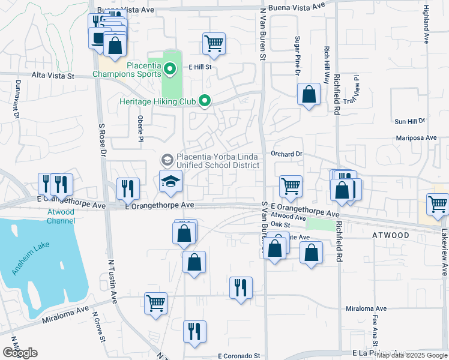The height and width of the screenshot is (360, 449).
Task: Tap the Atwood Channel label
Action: tap(61, 216)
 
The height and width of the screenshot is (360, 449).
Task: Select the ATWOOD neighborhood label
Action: tap(390, 235)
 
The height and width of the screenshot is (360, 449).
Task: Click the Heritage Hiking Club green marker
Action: tap(205, 101)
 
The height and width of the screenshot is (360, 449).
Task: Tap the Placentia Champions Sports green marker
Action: tap(170, 70)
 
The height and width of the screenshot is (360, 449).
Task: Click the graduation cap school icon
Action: tap(170, 181)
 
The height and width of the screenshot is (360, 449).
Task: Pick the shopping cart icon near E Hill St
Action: tap(214, 43)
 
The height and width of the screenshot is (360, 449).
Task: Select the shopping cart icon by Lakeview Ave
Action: tap(438, 204)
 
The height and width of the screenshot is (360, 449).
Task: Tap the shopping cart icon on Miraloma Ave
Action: tap(155, 303)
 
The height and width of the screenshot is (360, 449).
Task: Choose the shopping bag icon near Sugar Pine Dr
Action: tap(309, 94)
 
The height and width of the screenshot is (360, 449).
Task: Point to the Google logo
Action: tap(20, 353)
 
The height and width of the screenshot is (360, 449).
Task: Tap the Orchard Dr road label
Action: tap(286, 154)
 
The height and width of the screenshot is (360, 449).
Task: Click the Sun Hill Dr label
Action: tap(409, 121)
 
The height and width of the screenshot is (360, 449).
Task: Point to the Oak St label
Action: tap(280, 224)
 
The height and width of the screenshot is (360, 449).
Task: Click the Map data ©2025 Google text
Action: tap(411, 355)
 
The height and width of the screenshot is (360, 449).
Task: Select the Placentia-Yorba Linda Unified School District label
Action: tap(217, 160)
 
